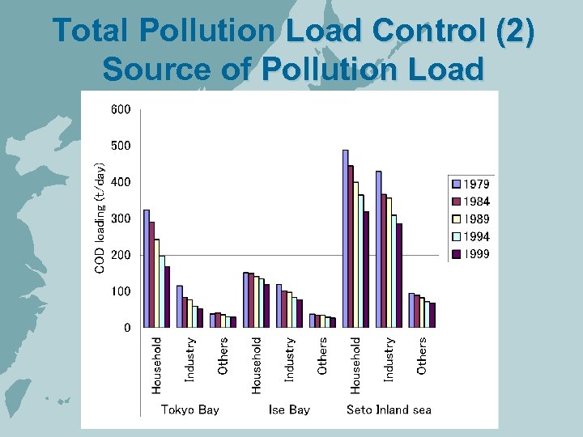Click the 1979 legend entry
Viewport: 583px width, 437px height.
470,185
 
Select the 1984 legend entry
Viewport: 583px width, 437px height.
470,202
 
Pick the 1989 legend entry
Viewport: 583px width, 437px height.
470,219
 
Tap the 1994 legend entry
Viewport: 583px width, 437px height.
470,237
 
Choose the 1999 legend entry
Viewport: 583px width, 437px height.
470,254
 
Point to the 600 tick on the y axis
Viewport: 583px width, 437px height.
121,109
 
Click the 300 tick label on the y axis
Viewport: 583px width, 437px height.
121,218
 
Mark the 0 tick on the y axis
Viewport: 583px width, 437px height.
127,328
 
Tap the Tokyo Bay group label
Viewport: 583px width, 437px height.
189,409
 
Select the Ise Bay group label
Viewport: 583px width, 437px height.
289,409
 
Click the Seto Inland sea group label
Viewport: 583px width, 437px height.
389,409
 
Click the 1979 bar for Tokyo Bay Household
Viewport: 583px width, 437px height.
147,269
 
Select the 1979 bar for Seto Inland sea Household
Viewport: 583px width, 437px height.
346,239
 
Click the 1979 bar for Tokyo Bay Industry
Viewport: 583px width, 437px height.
180,307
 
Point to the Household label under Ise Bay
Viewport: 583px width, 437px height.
257,366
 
